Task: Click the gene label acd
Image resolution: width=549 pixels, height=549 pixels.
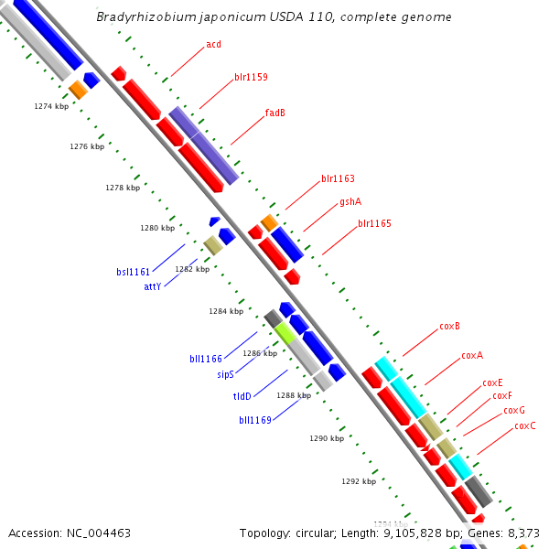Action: coord(213,44)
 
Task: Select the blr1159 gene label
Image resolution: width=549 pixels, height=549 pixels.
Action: coord(251,77)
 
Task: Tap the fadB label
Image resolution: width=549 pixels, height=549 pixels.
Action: coord(275,113)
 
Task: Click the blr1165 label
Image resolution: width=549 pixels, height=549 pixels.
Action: coord(374,223)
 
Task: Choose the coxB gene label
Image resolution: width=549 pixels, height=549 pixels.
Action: coord(449,326)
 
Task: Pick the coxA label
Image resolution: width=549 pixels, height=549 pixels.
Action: coord(472,355)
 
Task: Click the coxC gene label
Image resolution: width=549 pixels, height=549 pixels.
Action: coord(525,426)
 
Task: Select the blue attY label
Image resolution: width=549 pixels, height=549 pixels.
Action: coord(152,286)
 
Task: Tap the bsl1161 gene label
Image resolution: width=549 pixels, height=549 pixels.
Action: coord(133,272)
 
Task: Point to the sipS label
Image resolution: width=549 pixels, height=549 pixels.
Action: coord(225,374)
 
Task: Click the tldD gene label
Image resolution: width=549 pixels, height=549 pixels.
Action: coord(242,396)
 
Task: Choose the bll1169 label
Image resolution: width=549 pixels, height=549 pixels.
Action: coord(255,420)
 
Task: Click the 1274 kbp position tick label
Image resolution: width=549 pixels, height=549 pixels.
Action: coord(51,107)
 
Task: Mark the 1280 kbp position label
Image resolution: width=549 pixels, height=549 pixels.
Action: coord(156,229)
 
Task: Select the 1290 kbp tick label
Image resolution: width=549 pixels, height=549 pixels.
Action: coord(327,439)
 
